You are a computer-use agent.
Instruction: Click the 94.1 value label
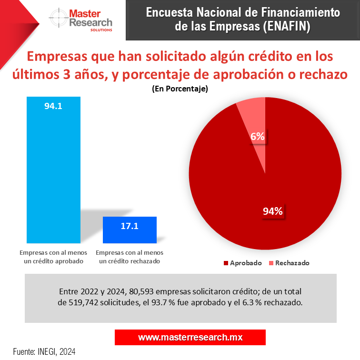click(x=53, y=106)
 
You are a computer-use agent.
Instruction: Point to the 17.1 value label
click(x=130, y=226)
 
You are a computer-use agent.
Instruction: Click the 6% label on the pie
click(x=258, y=137)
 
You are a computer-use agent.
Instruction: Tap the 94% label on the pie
click(x=273, y=211)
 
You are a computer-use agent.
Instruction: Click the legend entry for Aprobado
click(x=242, y=263)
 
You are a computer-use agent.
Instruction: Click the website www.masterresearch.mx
click(x=190, y=337)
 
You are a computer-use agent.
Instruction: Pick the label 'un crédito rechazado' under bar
click(x=129, y=261)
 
